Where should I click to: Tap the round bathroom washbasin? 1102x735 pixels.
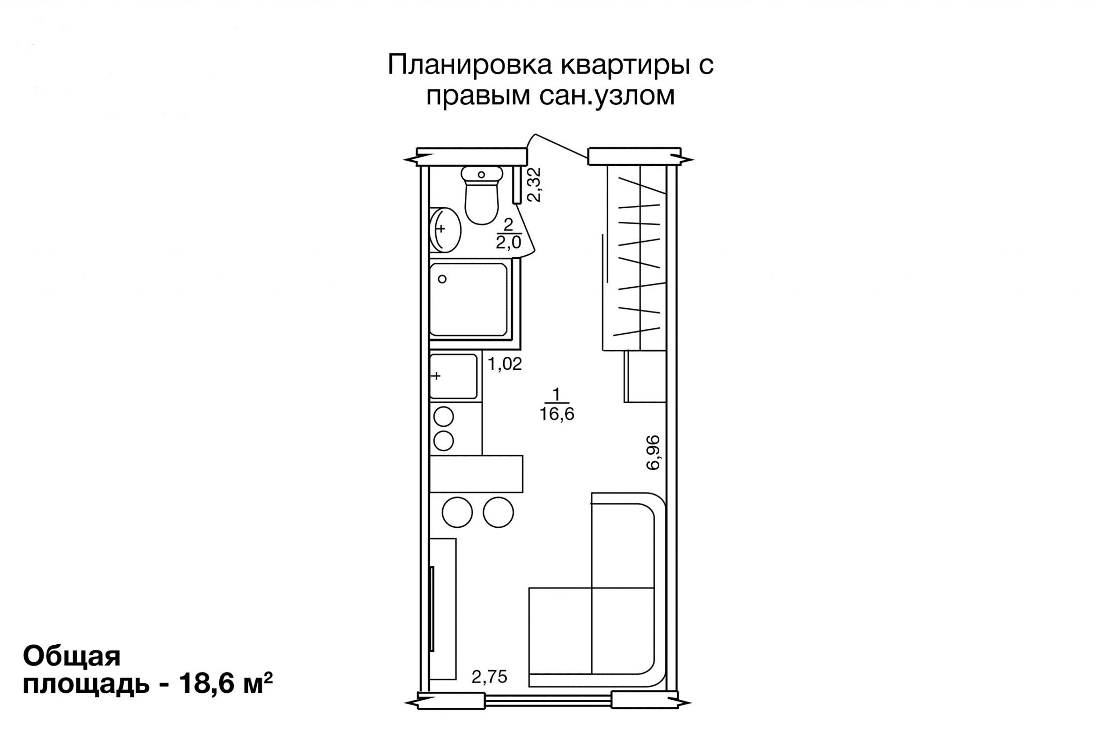pos(445,230)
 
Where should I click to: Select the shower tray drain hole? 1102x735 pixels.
pos(442,279)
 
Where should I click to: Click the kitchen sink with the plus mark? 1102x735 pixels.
pos(453,376)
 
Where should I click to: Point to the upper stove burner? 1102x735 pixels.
pos(444,417)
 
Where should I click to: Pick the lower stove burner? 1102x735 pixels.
pos(444,441)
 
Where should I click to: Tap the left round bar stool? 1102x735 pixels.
pos(457,512)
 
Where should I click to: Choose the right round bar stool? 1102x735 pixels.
pos(498,512)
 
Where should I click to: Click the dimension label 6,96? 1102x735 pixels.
pos(653,452)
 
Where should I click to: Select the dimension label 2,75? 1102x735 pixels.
pos(490,677)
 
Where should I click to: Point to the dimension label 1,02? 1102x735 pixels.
pos(505,364)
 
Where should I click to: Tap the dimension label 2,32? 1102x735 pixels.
pos(534,185)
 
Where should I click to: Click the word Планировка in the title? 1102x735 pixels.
pos(470,65)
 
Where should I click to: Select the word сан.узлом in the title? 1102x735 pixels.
pos(607,96)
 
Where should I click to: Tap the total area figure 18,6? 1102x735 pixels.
pos(208,685)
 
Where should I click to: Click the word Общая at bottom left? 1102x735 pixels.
pos(72,657)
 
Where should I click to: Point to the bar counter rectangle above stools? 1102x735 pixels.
pos(476,474)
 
